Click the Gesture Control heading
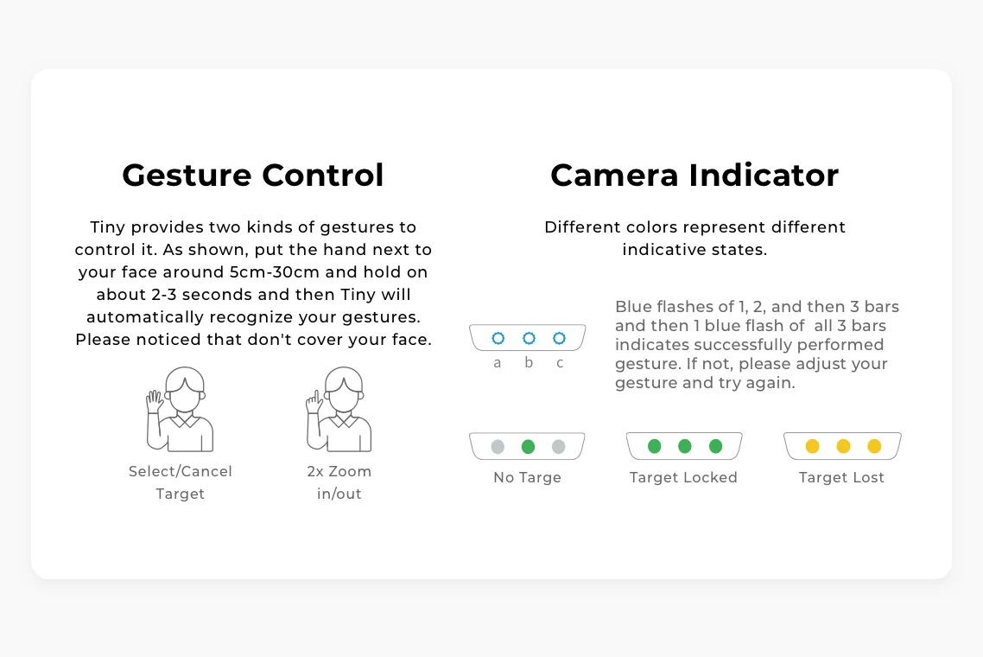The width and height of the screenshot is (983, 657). pos(252,175)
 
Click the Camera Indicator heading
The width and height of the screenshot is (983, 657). pos(694,175)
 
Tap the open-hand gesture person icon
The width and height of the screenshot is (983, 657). pos(180,409)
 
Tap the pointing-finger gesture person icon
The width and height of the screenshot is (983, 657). pos(339,409)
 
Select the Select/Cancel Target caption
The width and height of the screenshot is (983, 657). pos(181,482)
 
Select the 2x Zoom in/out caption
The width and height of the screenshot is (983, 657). pos(339,482)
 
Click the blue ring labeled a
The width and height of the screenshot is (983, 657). pos(498,338)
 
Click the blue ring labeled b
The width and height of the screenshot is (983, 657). pos(529,338)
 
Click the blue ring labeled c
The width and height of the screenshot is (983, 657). pos(559,338)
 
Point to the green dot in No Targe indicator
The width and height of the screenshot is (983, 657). pos(528,446)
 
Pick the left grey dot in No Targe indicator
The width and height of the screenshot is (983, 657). pos(498,446)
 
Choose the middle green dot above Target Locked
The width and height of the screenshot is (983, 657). pos(685,446)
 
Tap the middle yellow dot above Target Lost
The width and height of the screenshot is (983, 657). pos(843,446)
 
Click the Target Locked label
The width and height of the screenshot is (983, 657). pos(683,477)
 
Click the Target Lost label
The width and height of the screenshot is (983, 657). pos(841,477)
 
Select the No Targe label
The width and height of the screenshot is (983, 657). pos(527,477)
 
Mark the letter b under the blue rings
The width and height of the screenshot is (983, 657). pos(529,362)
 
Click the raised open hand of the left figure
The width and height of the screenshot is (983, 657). pos(154,401)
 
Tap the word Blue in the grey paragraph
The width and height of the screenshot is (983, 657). pos(633,307)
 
